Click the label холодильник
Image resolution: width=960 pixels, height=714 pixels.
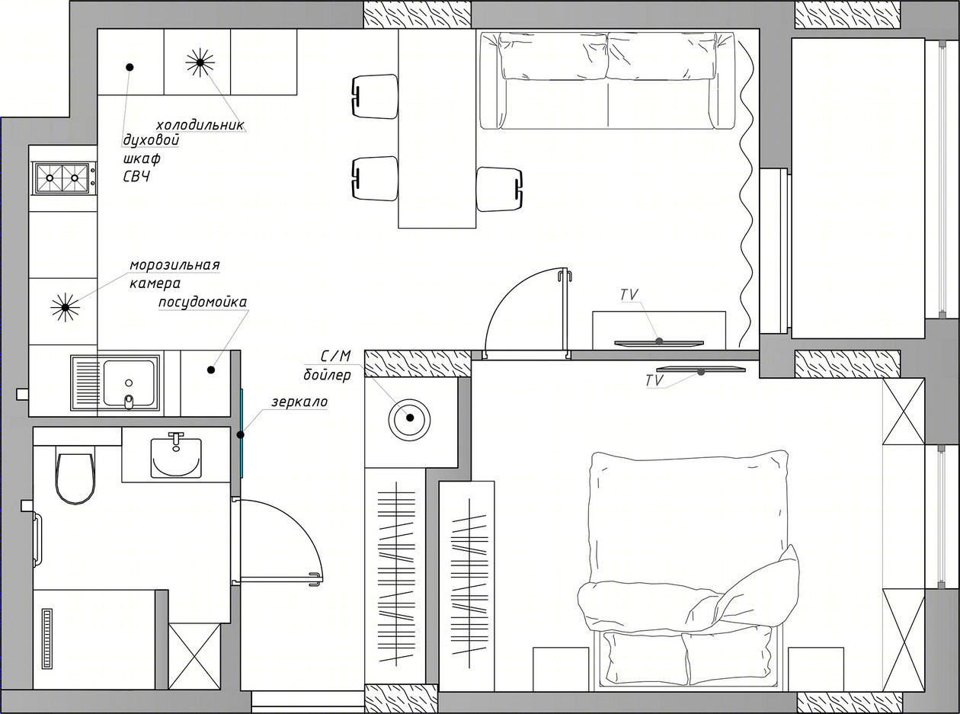(x=200, y=125)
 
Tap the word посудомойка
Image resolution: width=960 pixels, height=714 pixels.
(x=203, y=303)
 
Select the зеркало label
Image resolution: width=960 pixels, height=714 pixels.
(x=299, y=402)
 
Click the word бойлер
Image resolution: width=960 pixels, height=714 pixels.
(x=327, y=375)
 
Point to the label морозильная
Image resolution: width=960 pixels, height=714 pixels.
(x=175, y=265)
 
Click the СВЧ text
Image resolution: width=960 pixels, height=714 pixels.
(x=137, y=177)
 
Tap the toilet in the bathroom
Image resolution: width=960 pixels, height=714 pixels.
(x=75, y=478)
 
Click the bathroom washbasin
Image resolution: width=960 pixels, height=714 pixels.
(x=176, y=457)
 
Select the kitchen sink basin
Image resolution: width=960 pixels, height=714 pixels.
(x=129, y=383)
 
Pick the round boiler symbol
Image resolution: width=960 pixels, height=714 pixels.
(x=409, y=420)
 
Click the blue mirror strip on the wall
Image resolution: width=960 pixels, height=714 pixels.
(x=242, y=433)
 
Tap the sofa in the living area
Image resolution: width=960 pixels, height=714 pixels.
(x=607, y=81)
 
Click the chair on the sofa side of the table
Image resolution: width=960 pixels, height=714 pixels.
(x=500, y=189)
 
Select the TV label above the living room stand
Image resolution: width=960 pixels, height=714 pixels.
(x=629, y=295)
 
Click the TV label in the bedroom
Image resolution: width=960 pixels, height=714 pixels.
(x=654, y=380)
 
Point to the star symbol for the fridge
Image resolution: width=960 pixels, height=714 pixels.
(x=200, y=62)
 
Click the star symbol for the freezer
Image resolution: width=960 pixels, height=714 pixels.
(x=65, y=307)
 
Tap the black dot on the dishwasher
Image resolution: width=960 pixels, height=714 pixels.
(x=211, y=370)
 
